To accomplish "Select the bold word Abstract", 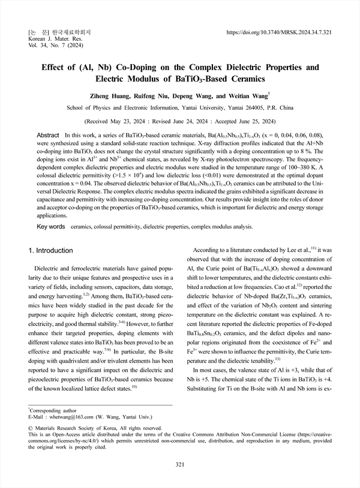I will point(48,136).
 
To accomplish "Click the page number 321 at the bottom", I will point(180,465).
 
